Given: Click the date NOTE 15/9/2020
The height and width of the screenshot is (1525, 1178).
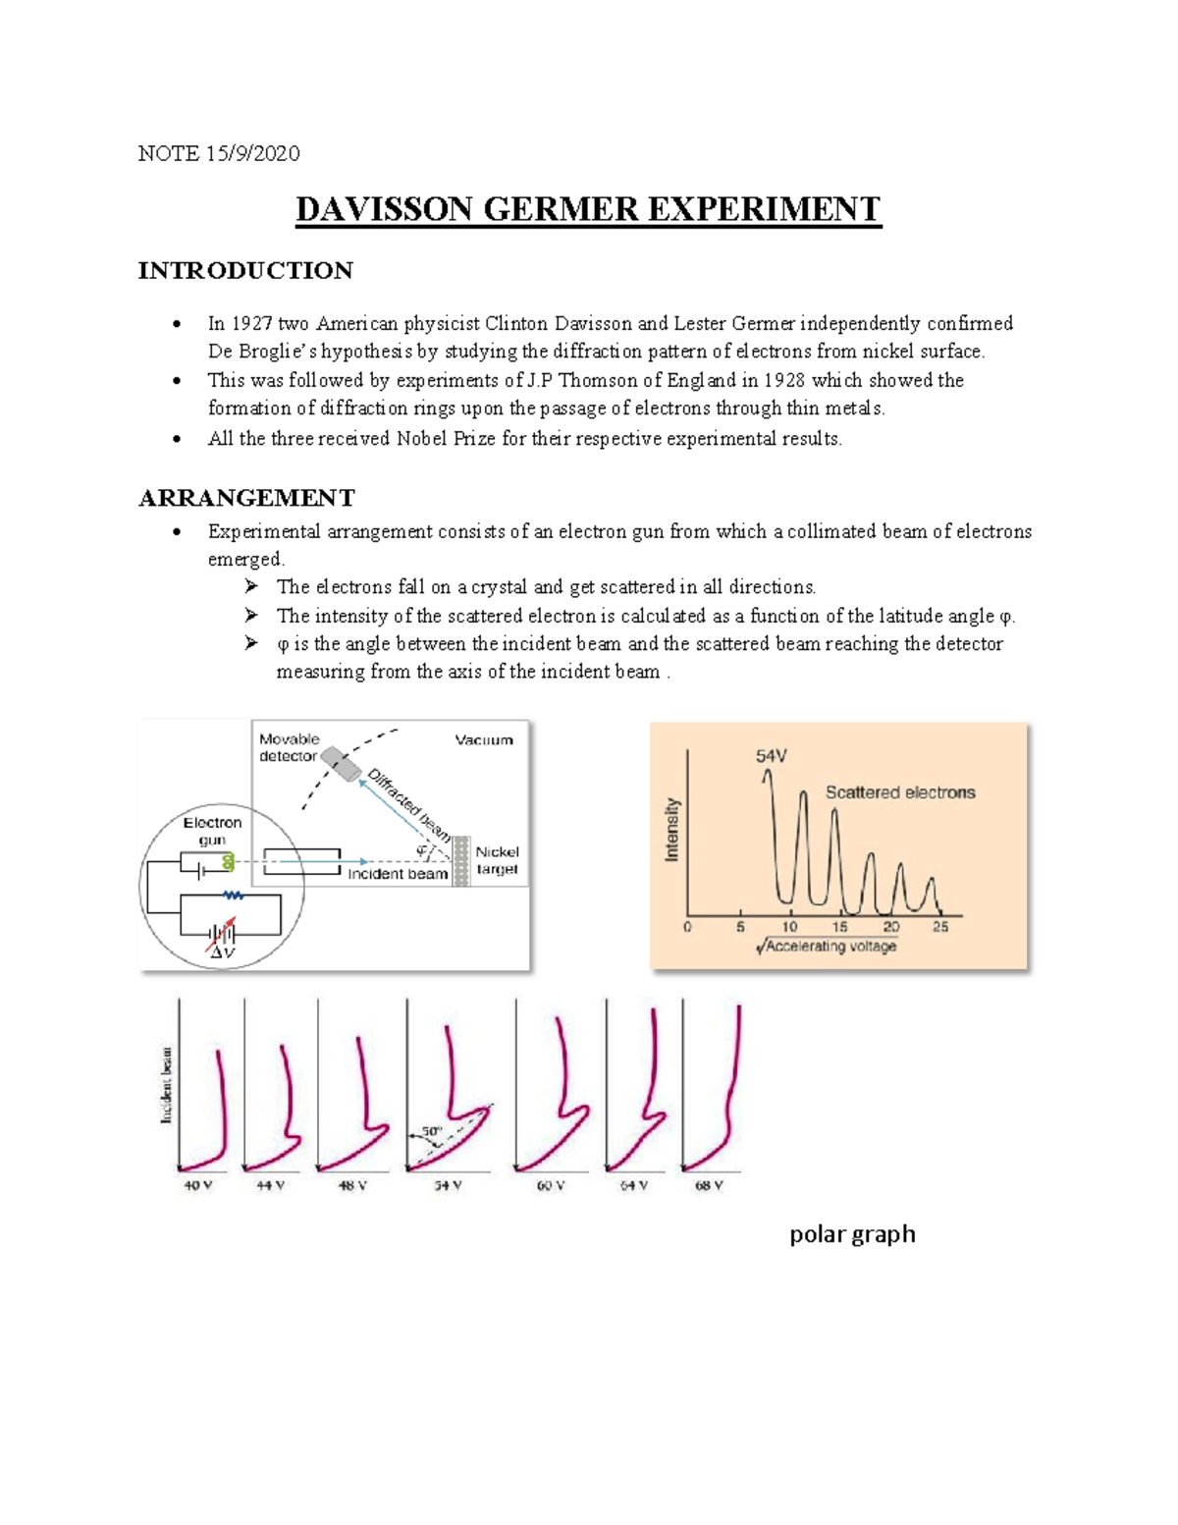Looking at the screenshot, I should point(219,153).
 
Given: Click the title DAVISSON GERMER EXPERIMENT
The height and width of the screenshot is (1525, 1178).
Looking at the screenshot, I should point(588,210).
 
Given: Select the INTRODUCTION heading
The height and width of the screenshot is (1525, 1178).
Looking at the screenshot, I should point(245,271).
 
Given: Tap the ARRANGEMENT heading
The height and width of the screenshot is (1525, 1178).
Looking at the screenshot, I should point(246,498).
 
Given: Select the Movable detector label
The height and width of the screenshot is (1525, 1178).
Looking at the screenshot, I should point(289,747).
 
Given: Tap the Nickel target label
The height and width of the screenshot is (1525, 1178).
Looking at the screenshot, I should point(497,860).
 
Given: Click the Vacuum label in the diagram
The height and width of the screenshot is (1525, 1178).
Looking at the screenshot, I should point(484,740).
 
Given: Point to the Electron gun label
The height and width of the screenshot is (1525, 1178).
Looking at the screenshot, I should point(212,831).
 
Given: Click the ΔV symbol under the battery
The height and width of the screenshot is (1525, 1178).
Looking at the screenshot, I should point(223,953).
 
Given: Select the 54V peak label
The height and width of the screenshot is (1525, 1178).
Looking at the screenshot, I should point(771,756).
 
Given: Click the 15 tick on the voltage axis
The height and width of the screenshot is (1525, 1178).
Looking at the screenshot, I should point(840,927).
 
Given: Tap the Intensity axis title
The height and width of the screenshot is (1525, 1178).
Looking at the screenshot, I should point(672,830).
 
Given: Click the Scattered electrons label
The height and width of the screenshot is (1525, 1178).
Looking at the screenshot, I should point(900,792).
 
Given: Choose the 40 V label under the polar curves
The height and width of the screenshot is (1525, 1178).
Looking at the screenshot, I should point(198,1185).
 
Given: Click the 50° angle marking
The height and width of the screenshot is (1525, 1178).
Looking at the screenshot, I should point(432,1132).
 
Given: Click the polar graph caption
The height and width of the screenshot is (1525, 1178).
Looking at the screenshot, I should point(852,1234).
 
